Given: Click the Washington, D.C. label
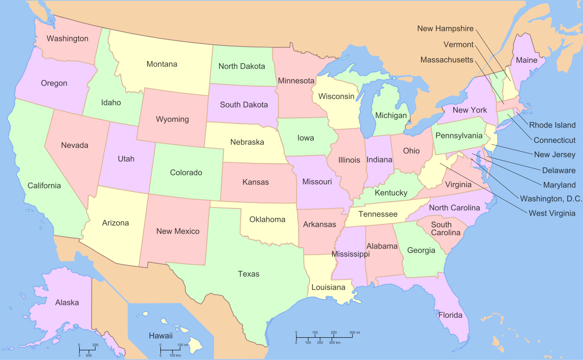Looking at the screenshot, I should tap(551, 199).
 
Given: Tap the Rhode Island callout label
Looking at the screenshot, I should tap(552, 125).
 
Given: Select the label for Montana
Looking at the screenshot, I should tap(162, 64).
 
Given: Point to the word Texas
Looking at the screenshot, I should tap(249, 274).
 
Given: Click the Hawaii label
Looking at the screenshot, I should tap(161, 336).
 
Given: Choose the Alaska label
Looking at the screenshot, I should tap(67, 303).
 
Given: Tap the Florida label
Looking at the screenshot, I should tap(450, 315).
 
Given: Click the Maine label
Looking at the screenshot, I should tap(527, 60).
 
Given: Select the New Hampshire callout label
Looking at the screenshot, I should tap(445, 29).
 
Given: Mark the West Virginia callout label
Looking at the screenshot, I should tap(552, 213).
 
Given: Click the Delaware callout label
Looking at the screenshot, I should tap(559, 171).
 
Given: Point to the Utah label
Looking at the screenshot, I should tap(126, 159).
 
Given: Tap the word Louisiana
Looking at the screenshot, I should tap(328, 288).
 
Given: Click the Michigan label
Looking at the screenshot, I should tap(391, 116).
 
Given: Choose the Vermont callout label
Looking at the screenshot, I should tap(459, 45).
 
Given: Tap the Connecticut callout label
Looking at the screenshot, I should tap(555, 140).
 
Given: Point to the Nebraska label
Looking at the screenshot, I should tap(247, 142).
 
